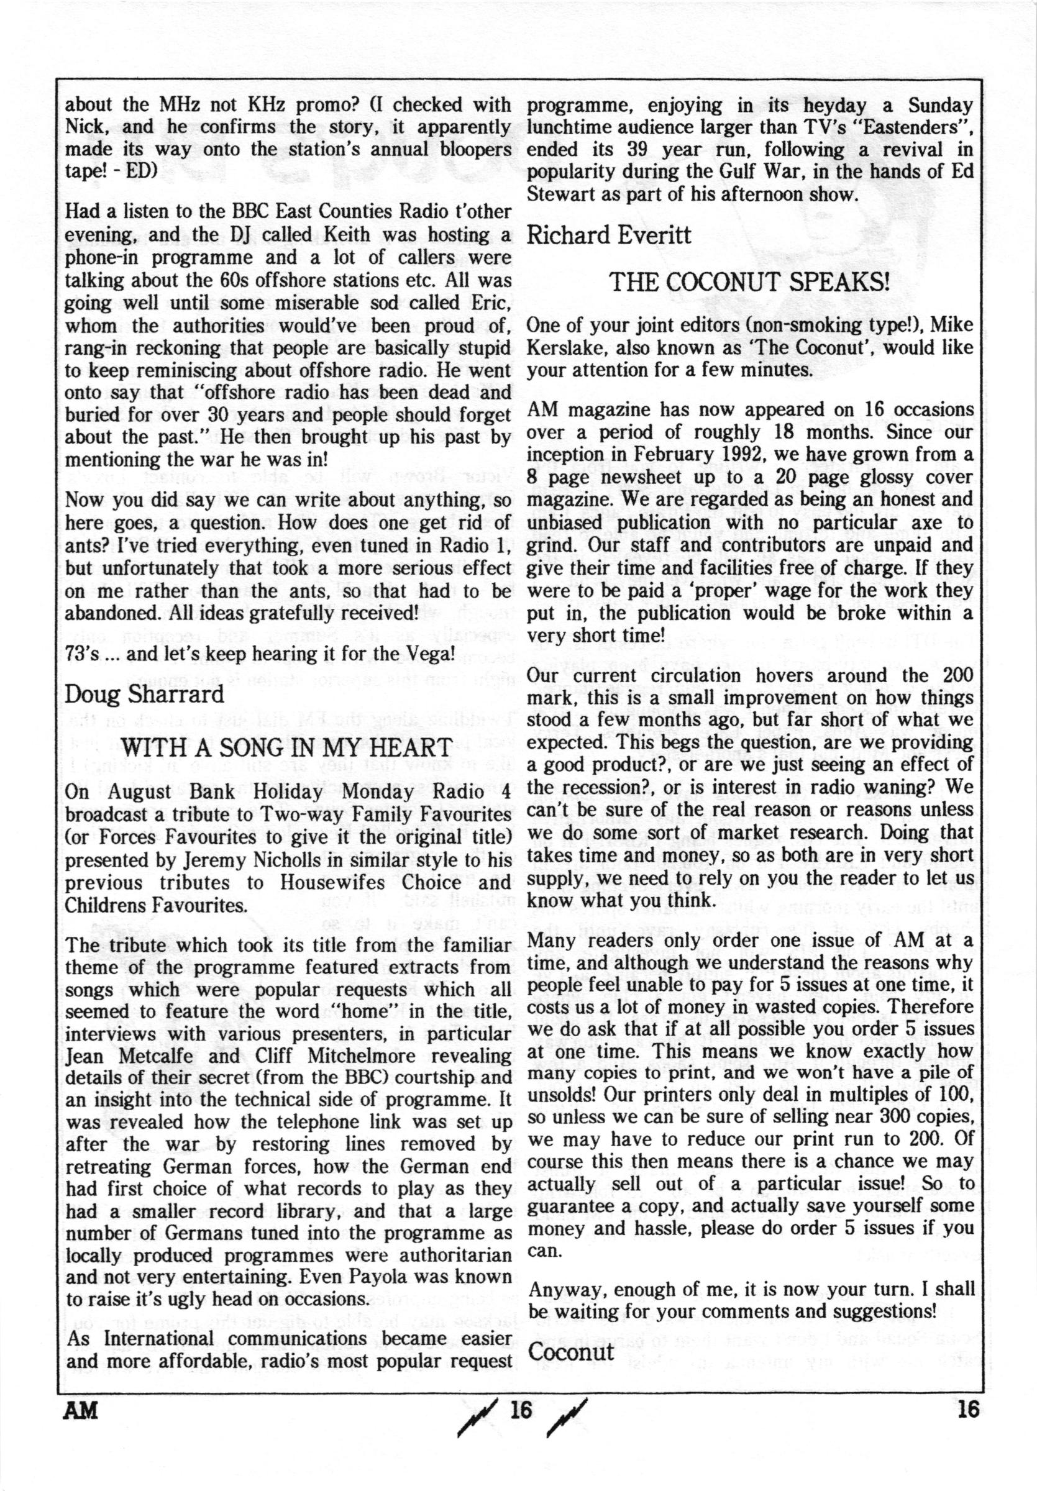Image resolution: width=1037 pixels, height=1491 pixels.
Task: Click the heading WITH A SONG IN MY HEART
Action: coord(286,747)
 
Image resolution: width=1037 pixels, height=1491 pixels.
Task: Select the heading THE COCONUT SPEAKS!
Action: coord(749,282)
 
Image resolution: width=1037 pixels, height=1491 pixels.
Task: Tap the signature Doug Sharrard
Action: coord(144,694)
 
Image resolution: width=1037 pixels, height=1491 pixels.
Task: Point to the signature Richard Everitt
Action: coord(608,235)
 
